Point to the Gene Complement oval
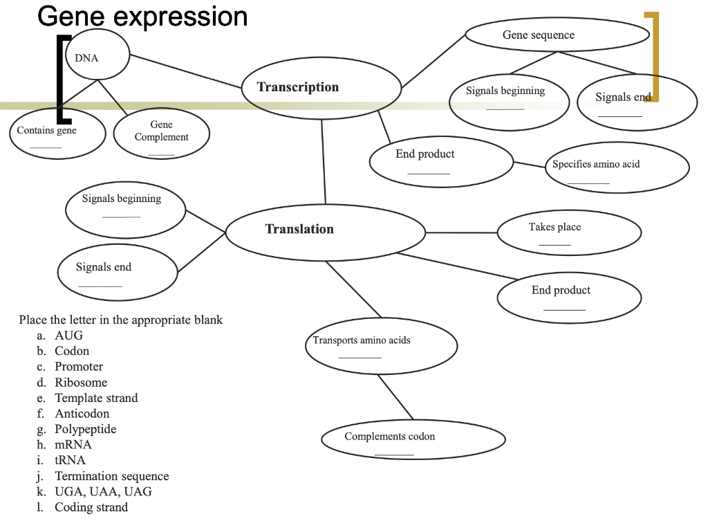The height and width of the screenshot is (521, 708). [161, 132]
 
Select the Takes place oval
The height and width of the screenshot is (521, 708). [569, 232]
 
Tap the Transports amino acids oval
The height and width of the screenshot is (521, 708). [381, 345]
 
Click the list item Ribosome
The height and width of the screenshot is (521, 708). [81, 383]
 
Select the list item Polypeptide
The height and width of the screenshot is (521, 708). [85, 429]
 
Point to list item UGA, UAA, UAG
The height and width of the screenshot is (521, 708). [103, 492]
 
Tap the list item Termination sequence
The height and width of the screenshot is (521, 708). [111, 476]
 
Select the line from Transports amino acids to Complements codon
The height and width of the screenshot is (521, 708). [395, 396]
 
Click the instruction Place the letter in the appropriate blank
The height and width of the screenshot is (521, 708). [121, 320]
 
